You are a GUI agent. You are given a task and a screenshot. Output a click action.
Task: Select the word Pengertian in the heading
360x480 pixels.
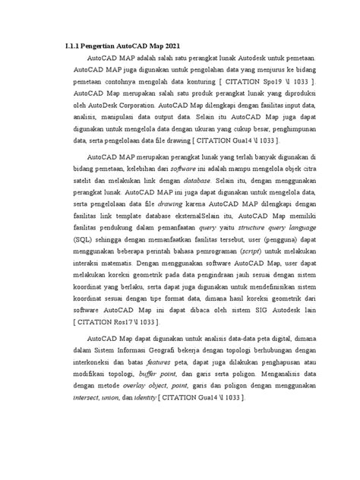[x=106, y=45]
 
